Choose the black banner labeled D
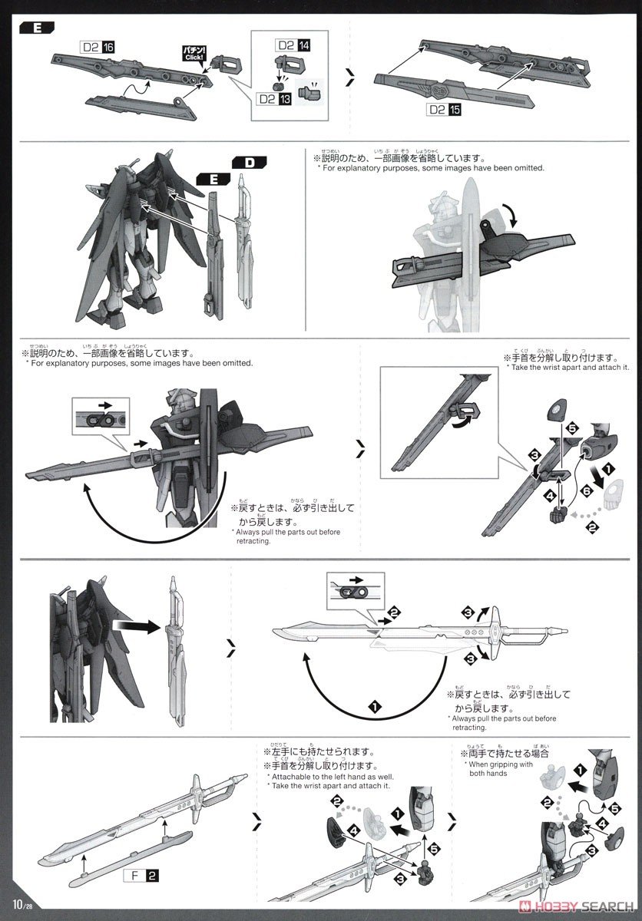248,163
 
